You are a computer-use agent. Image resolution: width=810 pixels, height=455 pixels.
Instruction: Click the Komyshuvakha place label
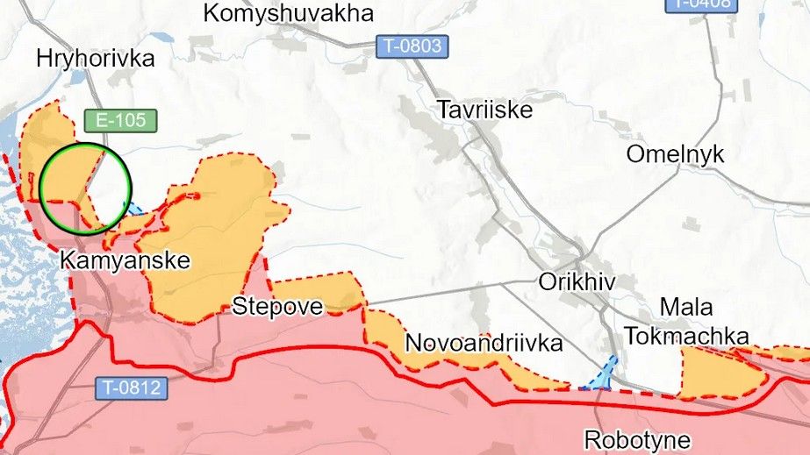pyautogui.click(x=288, y=13)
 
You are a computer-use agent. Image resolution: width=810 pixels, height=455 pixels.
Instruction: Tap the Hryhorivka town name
pyautogui.click(x=96, y=59)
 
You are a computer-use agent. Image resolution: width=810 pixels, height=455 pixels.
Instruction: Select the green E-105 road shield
pyautogui.click(x=121, y=121)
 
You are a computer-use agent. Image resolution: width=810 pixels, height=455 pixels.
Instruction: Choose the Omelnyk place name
pyautogui.click(x=675, y=154)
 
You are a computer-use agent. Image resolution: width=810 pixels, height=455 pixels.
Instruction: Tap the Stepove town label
pyautogui.click(x=277, y=306)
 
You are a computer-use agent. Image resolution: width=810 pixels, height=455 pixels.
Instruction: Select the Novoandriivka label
pyautogui.click(x=483, y=343)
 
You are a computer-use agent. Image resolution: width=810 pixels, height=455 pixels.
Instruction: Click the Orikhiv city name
pyautogui.click(x=577, y=281)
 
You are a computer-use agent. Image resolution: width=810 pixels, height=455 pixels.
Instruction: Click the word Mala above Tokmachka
pyautogui.click(x=685, y=308)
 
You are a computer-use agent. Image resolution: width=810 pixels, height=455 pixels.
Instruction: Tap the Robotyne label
pyautogui.click(x=637, y=439)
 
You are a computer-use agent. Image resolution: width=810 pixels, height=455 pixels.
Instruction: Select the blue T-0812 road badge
pyautogui.click(x=131, y=387)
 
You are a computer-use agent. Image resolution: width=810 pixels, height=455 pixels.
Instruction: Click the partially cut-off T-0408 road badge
pyautogui.click(x=701, y=4)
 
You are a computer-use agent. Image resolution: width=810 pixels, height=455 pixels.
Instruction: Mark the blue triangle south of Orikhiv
pyautogui.click(x=603, y=375)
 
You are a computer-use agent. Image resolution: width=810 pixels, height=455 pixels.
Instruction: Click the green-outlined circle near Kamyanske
pyautogui.click(x=86, y=188)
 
